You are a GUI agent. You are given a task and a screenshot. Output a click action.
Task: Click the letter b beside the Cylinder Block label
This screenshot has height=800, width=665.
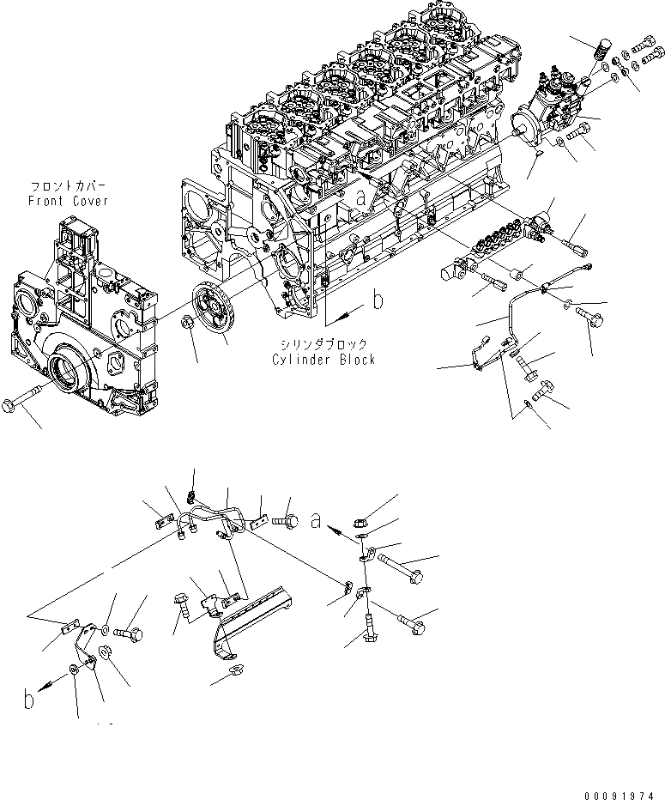coord(375,300)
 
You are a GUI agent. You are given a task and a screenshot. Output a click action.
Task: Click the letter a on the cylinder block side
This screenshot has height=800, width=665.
coord(361,197)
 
